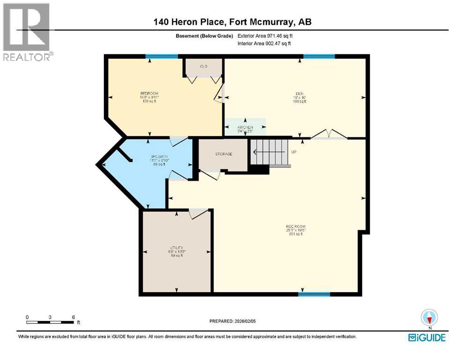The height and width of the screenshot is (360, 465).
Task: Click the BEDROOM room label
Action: [149, 94]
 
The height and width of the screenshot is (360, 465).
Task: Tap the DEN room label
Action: [299, 93]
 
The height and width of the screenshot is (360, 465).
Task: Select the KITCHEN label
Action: [245, 127]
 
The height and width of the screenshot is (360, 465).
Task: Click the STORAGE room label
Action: [223, 154]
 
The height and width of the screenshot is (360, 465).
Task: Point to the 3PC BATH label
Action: [146, 156]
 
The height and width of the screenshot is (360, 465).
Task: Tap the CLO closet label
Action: [203, 66]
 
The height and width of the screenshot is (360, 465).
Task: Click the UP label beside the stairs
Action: [294, 152]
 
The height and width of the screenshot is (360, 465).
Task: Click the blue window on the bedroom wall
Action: [162, 57]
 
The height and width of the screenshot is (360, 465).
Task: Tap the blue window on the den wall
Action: [319, 57]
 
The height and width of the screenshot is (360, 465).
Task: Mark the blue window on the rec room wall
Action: [314, 294]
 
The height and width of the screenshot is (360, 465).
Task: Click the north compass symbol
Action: [429, 318]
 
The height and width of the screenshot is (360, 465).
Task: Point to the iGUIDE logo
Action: [427, 337]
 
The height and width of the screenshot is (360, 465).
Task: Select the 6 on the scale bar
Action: [74, 317]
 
